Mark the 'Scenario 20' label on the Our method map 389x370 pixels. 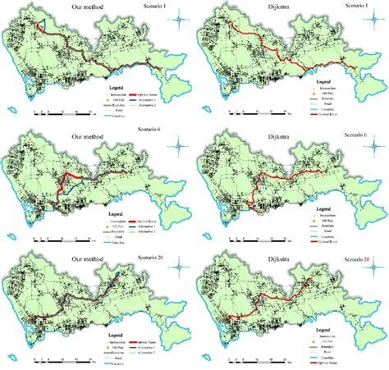163,251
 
